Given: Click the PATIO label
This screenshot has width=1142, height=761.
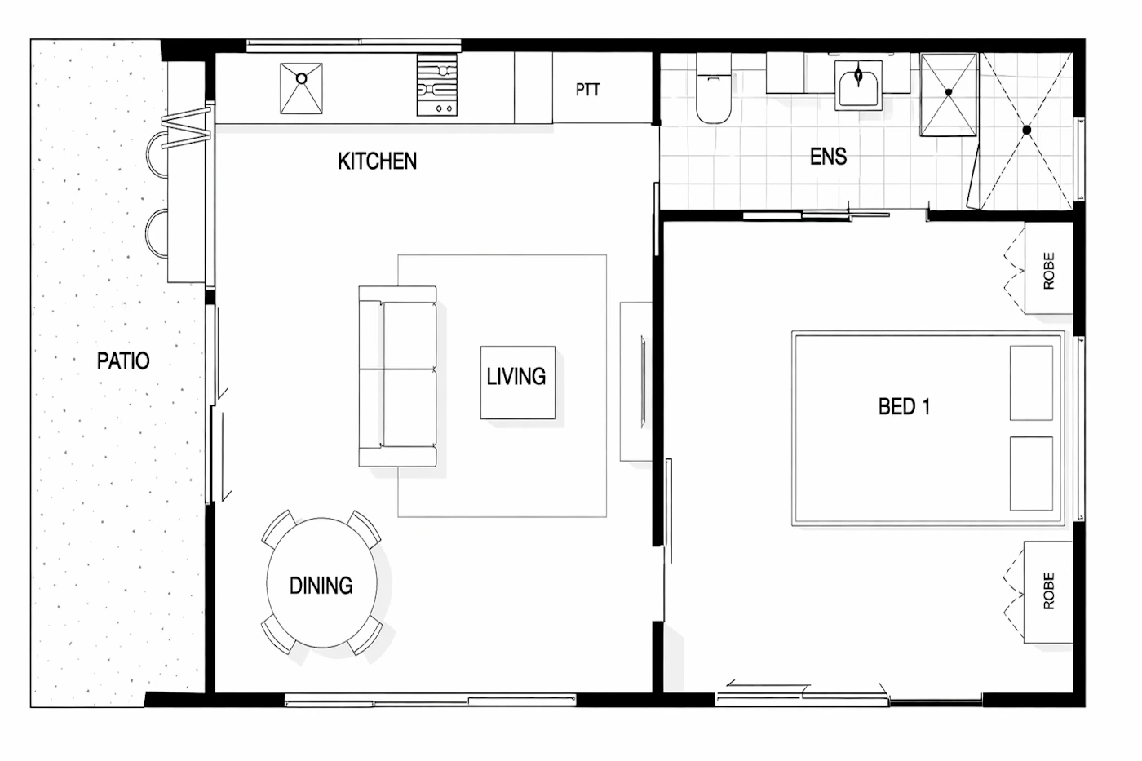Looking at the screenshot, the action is click(x=123, y=361).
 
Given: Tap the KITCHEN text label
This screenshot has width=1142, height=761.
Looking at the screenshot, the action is click(x=377, y=161).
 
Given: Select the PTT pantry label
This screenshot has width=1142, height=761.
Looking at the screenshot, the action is click(x=588, y=90).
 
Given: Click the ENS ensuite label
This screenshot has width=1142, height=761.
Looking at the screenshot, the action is click(x=829, y=157).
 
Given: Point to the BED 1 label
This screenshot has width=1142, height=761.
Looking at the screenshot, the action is click(x=905, y=407).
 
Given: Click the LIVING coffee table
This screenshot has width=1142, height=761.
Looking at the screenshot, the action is click(x=518, y=383).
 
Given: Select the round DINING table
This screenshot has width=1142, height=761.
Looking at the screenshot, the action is click(x=321, y=582).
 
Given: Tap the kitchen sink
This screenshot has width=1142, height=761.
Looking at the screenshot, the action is click(x=301, y=88).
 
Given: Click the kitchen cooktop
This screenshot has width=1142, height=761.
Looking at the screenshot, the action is click(x=437, y=85).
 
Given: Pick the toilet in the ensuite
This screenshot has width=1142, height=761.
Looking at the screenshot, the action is click(x=714, y=89).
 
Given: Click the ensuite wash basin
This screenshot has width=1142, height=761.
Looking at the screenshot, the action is click(x=858, y=85).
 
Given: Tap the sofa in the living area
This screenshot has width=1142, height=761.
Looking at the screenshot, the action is click(x=398, y=376).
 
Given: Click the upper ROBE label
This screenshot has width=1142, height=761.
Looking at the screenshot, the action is click(x=1049, y=271).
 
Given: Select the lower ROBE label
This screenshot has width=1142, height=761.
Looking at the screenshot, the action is click(x=1049, y=591).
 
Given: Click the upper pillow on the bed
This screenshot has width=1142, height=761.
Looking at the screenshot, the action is click(x=1031, y=383).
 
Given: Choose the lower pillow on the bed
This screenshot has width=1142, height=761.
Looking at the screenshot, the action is click(x=1031, y=474).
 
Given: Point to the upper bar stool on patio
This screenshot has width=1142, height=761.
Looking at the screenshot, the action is click(x=157, y=154).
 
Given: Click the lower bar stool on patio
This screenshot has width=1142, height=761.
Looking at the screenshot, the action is click(x=157, y=233).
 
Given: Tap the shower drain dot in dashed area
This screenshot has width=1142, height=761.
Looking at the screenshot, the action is click(x=1027, y=130).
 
